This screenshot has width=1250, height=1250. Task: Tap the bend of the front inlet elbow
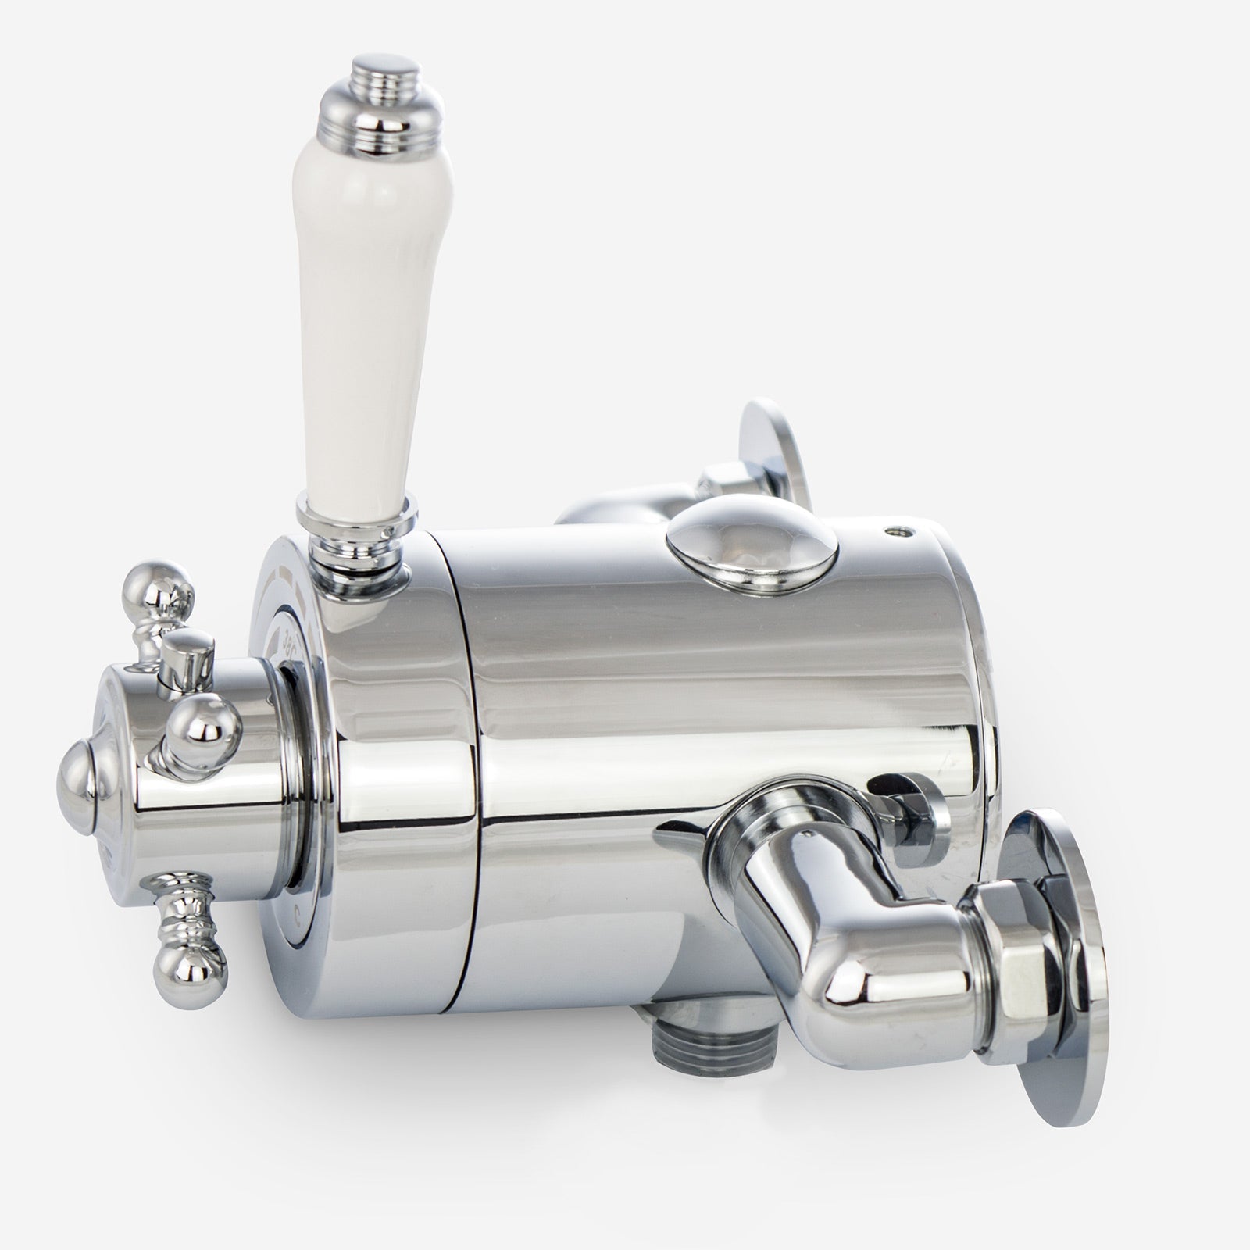coord(820,930)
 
